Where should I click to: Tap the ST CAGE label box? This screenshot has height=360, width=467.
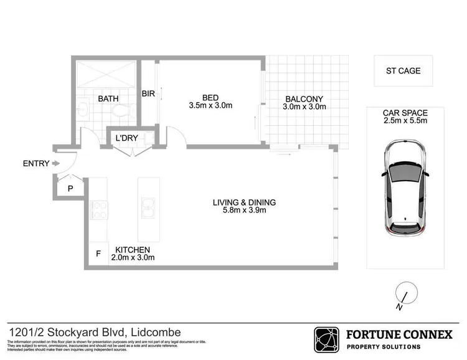(x=403, y=70)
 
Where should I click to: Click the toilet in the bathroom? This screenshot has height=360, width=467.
(x=123, y=111)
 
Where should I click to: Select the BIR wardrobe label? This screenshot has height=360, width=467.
(x=148, y=94)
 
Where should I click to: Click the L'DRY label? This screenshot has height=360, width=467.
(x=126, y=137)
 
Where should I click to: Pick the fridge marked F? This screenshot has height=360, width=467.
(x=98, y=253)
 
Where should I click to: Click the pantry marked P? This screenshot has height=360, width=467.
(x=70, y=187)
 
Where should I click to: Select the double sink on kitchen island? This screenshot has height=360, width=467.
(x=148, y=209)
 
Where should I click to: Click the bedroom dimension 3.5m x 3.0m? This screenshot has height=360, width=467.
(x=210, y=106)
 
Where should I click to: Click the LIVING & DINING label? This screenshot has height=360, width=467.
(x=244, y=202)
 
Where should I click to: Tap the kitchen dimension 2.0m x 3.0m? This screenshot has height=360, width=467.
(x=133, y=257)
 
